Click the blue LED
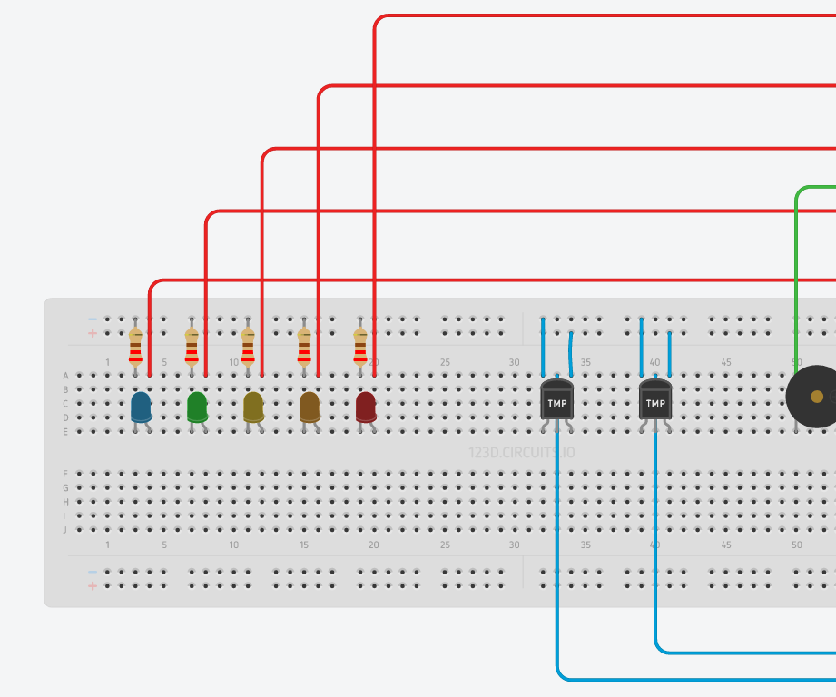141,407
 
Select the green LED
197,407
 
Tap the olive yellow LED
253,407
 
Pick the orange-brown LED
310,407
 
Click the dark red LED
366,407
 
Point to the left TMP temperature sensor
556,400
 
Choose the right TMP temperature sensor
655,400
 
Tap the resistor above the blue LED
135,347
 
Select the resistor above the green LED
192,347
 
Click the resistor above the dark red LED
360,347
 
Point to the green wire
797,272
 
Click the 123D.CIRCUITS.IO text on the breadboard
520,452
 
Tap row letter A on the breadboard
65,376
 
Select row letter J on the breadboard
65,529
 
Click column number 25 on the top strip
445,363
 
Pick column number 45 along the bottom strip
726,545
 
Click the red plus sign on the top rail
93,334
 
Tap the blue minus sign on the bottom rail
93,572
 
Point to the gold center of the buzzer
817,397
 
